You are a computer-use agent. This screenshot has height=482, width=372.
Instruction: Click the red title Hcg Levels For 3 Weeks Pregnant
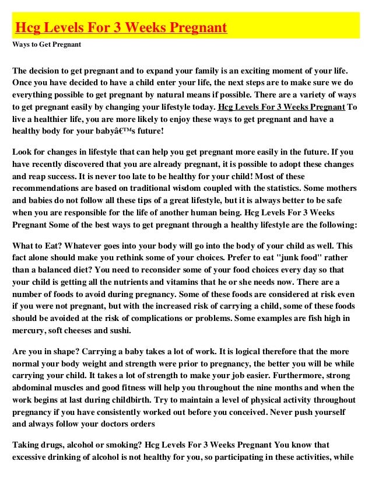pyautogui.click(x=121, y=27)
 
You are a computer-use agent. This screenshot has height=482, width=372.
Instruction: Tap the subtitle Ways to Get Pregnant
pyautogui.click(x=47, y=44)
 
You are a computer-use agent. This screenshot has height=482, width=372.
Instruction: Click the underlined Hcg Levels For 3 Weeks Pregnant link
pyautogui.click(x=280, y=107)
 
